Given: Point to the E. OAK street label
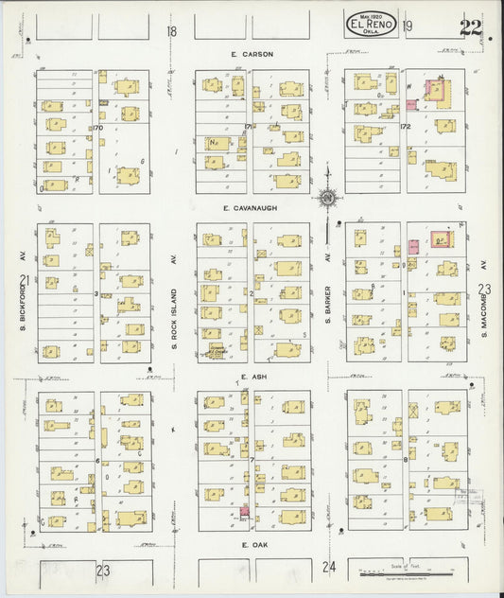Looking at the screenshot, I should (x=250, y=546).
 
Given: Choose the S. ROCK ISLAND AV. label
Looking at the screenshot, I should (x=175, y=297).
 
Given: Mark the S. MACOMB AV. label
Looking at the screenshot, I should (x=481, y=295).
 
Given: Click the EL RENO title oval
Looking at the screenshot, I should (x=370, y=23).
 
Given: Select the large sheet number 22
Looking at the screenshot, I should (x=469, y=26).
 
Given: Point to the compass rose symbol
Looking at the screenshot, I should (x=327, y=198).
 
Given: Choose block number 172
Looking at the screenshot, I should (x=405, y=127).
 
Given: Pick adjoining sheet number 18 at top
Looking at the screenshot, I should (x=171, y=32).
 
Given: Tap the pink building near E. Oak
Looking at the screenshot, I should (x=245, y=512).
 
